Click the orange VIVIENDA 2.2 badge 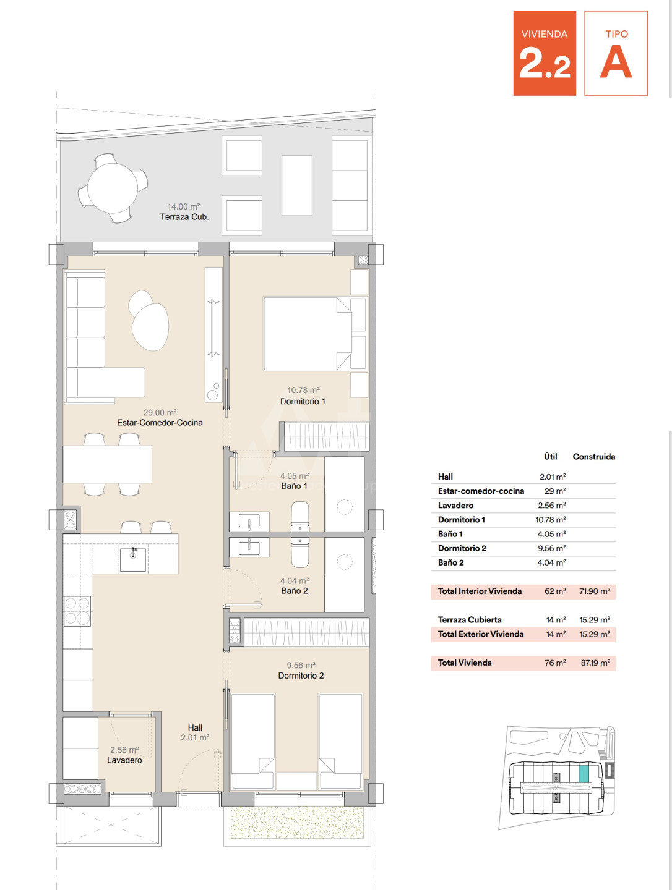tap(545, 53)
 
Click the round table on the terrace tap(113, 188)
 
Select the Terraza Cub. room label tap(184, 217)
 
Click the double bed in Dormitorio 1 tap(308, 334)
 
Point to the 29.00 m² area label tap(160, 412)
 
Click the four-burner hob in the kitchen tap(77, 611)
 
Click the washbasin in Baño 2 tap(249, 548)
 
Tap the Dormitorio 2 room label tap(301, 676)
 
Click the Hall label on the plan tap(195, 727)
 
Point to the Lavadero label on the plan tap(124, 760)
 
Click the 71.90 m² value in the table tap(595, 591)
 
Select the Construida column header tap(594, 457)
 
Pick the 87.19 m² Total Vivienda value tap(595, 663)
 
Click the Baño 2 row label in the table tap(451, 562)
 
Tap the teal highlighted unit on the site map tap(583, 773)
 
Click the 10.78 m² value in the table tap(550, 519)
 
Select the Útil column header tap(550, 456)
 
